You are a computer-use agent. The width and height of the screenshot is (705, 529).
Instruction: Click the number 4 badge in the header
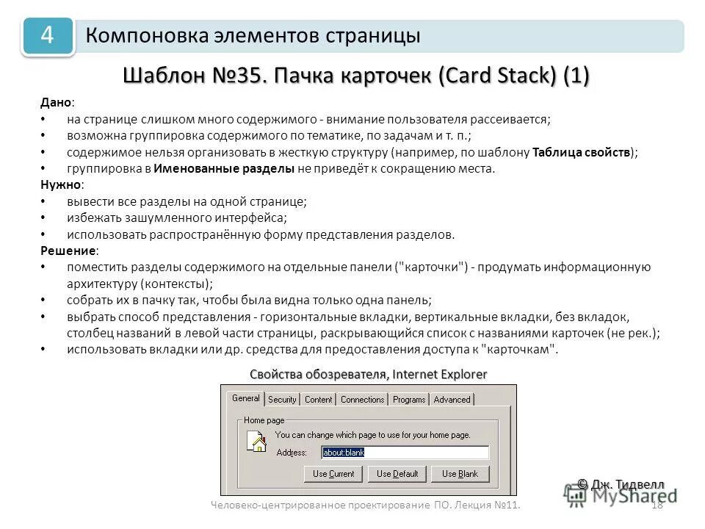tap(48, 36)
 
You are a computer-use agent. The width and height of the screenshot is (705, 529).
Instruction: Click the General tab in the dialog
tap(246, 398)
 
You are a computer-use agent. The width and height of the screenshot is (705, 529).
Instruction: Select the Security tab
tap(282, 400)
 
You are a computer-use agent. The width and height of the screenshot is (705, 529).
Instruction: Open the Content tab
tap(319, 400)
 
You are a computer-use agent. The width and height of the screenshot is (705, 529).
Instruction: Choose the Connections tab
tap(363, 400)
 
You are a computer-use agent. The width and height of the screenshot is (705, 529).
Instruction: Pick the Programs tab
tap(409, 400)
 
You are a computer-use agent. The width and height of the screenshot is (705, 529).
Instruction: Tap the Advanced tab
tap(452, 400)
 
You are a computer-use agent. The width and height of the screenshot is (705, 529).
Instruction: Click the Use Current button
tap(333, 474)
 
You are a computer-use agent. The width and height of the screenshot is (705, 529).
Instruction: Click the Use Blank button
tap(460, 474)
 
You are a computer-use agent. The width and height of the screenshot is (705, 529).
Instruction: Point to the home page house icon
tap(256, 442)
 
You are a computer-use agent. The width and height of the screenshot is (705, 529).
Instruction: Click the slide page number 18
tap(657, 505)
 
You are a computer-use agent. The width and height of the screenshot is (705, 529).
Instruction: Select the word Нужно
tap(59, 184)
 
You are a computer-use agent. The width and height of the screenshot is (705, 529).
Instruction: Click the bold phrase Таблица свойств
tap(582, 152)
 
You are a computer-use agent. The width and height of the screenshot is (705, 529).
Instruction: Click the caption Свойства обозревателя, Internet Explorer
tap(368, 374)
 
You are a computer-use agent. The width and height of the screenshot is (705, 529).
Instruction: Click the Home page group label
tap(264, 420)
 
